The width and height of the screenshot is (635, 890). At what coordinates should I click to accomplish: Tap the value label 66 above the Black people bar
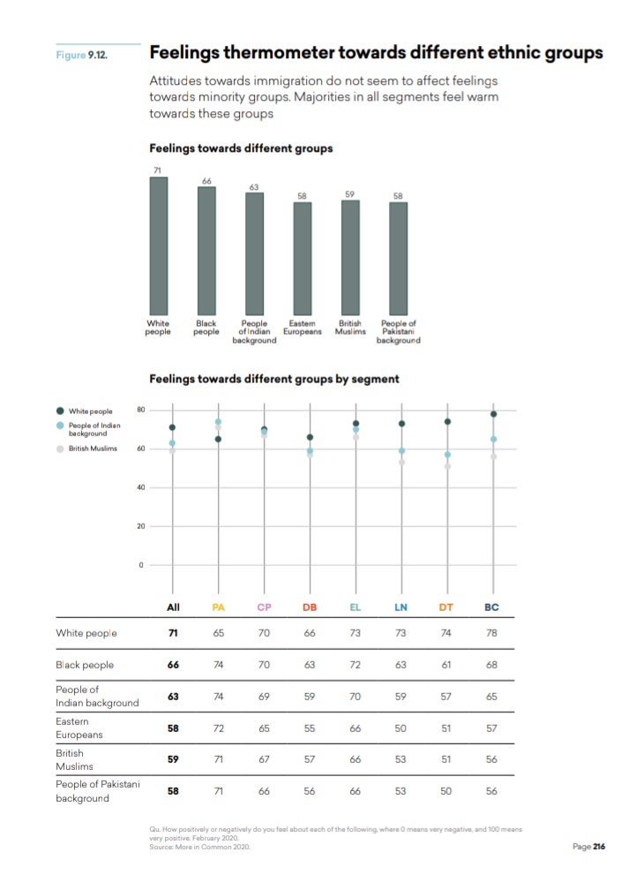tap(206, 181)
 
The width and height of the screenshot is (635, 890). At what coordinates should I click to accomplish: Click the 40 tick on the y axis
tap(140, 487)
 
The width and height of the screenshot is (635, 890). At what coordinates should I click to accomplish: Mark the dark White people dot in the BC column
tap(494, 414)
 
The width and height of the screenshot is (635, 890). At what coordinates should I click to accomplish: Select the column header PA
tap(219, 607)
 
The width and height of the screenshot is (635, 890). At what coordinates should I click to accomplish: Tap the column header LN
tap(400, 607)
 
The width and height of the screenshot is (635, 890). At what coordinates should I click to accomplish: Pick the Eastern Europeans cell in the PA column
tap(219, 728)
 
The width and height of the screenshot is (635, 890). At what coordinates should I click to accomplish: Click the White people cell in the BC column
tap(491, 633)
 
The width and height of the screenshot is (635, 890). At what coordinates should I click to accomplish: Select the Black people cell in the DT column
tap(445, 665)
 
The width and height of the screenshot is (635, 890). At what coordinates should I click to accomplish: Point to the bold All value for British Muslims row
tap(174, 759)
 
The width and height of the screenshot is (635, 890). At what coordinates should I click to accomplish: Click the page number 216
tap(599, 846)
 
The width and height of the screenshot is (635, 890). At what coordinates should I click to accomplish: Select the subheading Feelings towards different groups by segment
tap(274, 379)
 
